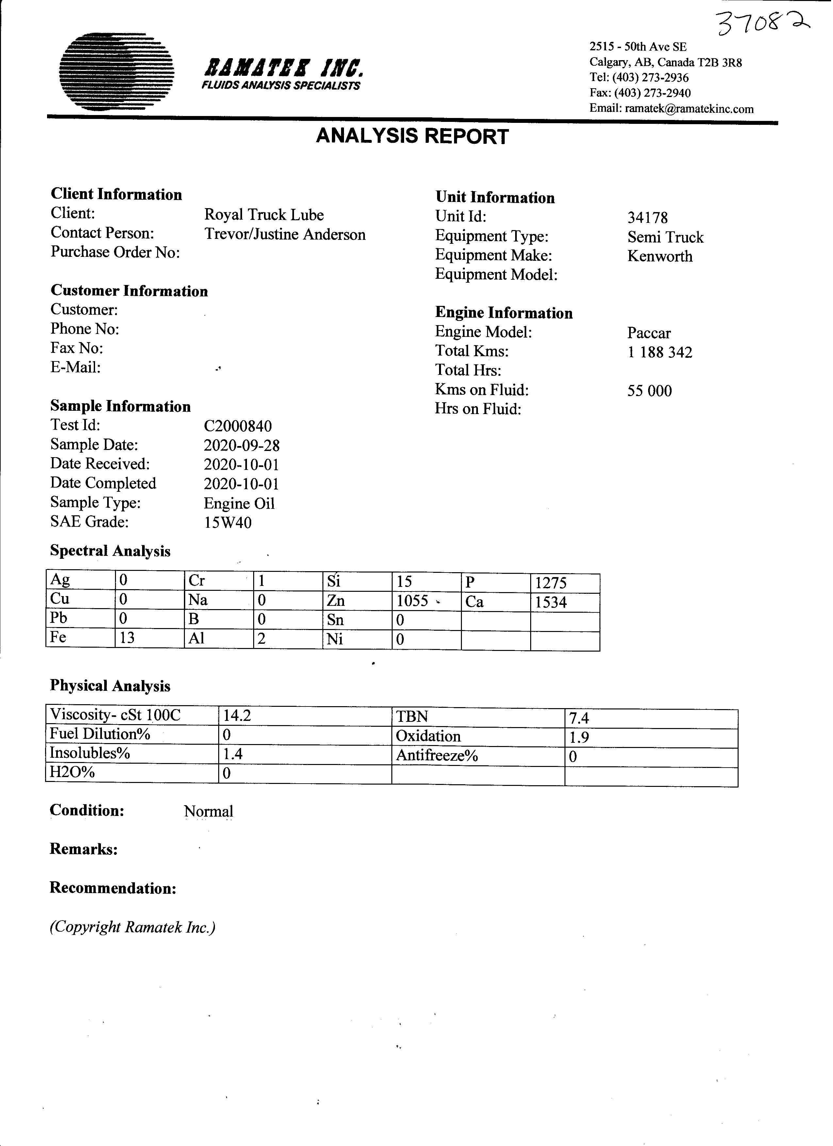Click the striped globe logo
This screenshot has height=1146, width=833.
[117, 72]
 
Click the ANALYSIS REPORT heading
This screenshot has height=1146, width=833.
[412, 137]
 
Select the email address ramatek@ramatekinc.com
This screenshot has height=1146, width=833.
[689, 108]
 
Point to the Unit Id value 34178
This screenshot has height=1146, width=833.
[647, 218]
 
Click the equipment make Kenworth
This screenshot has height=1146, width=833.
[660, 256]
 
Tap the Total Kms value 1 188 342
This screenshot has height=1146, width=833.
[660, 352]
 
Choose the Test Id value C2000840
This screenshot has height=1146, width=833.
[237, 426]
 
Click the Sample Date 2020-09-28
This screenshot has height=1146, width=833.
[241, 445]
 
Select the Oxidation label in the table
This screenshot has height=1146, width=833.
[428, 736]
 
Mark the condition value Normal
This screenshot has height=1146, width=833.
[208, 811]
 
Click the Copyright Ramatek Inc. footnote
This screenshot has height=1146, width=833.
[132, 927]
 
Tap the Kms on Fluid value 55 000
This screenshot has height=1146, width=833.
[650, 390]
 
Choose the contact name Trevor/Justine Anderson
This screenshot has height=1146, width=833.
[285, 234]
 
